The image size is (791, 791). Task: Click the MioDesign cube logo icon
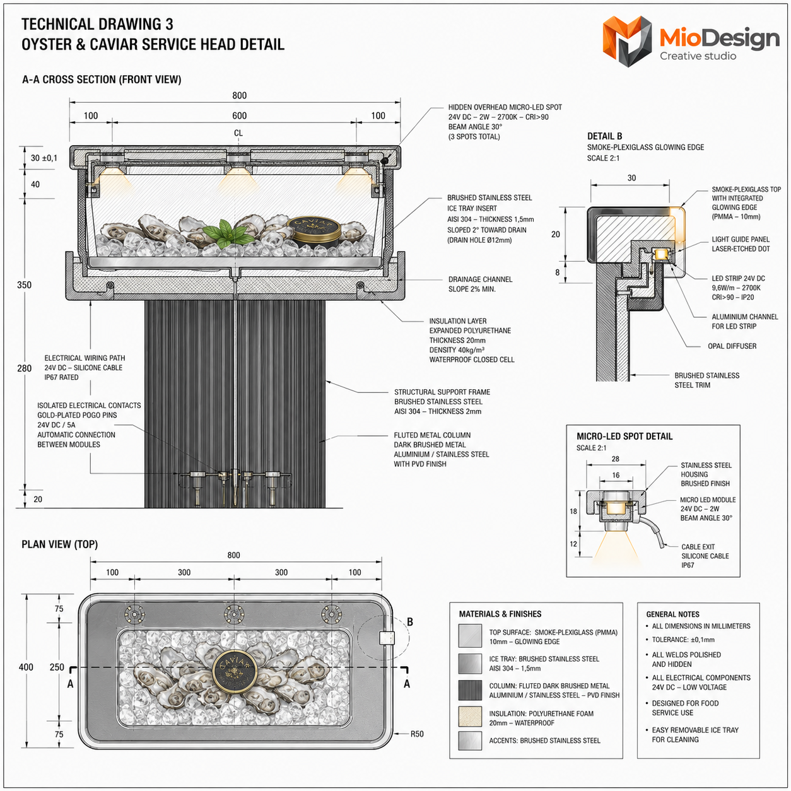click(x=627, y=40)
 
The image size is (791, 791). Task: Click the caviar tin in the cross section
click(x=314, y=231)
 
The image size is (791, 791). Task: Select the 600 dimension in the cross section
click(x=239, y=116)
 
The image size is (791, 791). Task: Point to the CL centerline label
click(x=238, y=133)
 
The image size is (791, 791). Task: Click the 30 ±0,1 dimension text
click(x=44, y=158)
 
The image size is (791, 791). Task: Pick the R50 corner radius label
click(x=417, y=734)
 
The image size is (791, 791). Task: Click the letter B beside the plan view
click(x=409, y=622)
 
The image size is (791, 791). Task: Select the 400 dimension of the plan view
click(x=26, y=667)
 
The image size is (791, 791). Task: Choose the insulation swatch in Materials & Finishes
click(x=469, y=717)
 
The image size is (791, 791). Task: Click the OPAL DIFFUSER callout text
click(x=732, y=346)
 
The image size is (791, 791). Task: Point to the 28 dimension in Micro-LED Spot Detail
click(x=615, y=459)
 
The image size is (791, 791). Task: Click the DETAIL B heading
click(x=605, y=136)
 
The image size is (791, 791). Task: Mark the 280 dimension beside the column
click(x=24, y=368)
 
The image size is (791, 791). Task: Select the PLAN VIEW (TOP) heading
click(x=59, y=544)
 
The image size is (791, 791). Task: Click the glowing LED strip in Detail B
click(x=660, y=254)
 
